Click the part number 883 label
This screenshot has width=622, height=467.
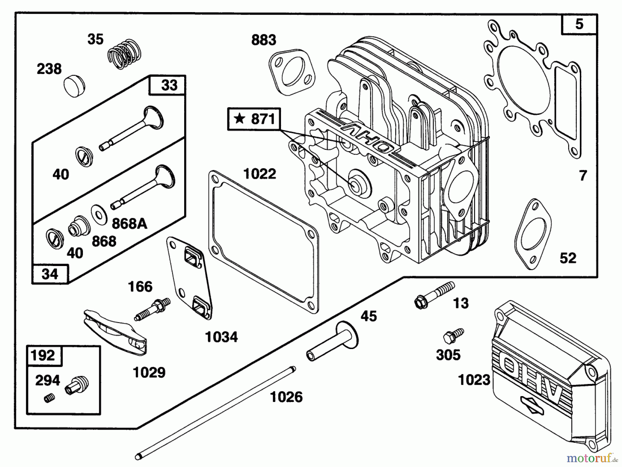[x=264, y=40]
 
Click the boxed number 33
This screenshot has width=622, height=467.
[x=169, y=85]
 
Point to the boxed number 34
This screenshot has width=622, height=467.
[x=50, y=274]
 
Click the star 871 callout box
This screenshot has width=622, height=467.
[x=254, y=119]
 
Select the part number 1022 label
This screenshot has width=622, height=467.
[x=260, y=174]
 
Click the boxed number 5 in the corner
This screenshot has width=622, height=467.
[x=579, y=24]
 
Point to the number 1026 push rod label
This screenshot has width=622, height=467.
[x=286, y=397]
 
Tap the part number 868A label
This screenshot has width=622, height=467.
[x=130, y=224]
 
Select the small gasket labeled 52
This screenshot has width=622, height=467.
[x=533, y=234]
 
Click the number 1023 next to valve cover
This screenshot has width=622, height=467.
[x=474, y=380]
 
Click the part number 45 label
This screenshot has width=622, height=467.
[x=369, y=316]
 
